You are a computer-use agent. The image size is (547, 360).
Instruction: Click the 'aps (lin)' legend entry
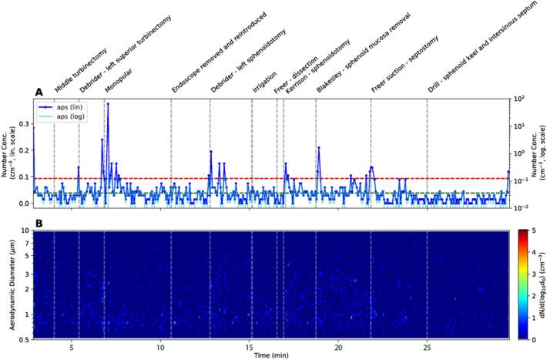pos(66,107)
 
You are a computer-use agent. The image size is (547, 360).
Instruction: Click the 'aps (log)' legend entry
pos(66,116)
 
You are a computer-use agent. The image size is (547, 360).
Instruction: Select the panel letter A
pos(38,93)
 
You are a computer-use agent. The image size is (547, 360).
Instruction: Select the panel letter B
pos(38,224)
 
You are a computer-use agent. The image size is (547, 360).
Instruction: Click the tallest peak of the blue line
pos(108,103)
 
